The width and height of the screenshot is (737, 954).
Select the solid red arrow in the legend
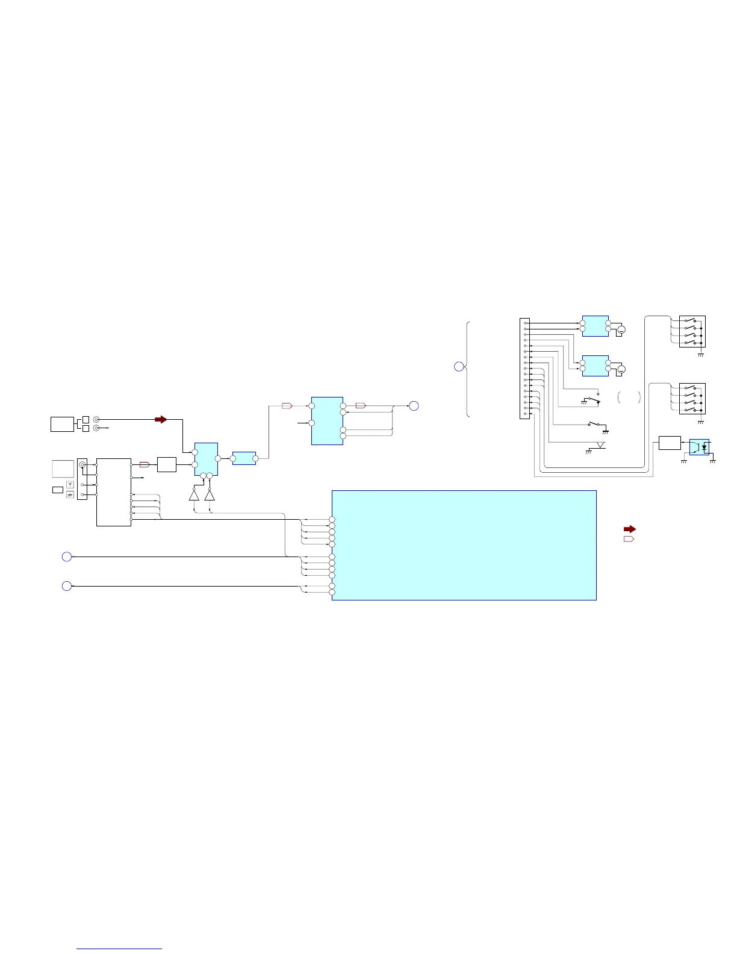(629, 529)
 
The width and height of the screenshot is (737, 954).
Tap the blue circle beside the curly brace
(459, 366)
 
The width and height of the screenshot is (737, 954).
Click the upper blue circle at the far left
(67, 557)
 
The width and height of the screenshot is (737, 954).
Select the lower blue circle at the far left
(67, 585)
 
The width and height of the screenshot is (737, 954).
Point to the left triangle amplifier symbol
(194, 495)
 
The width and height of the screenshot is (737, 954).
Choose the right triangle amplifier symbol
(210, 495)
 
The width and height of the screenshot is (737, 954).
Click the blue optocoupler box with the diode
(699, 447)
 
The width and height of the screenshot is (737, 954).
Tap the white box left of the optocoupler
(670, 443)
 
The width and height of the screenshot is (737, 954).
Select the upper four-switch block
(692, 331)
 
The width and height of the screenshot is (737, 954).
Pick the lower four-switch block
(692, 399)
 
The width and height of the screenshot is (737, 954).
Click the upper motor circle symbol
(622, 329)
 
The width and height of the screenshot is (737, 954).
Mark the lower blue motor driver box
(596, 366)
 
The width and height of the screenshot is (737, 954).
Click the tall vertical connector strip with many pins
(524, 369)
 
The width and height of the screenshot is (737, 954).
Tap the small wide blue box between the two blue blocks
(244, 458)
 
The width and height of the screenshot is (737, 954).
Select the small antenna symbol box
(70, 484)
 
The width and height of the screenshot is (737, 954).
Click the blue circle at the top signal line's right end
(414, 406)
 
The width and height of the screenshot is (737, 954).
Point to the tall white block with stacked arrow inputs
(114, 492)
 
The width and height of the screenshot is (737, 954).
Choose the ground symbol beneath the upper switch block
(700, 355)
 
